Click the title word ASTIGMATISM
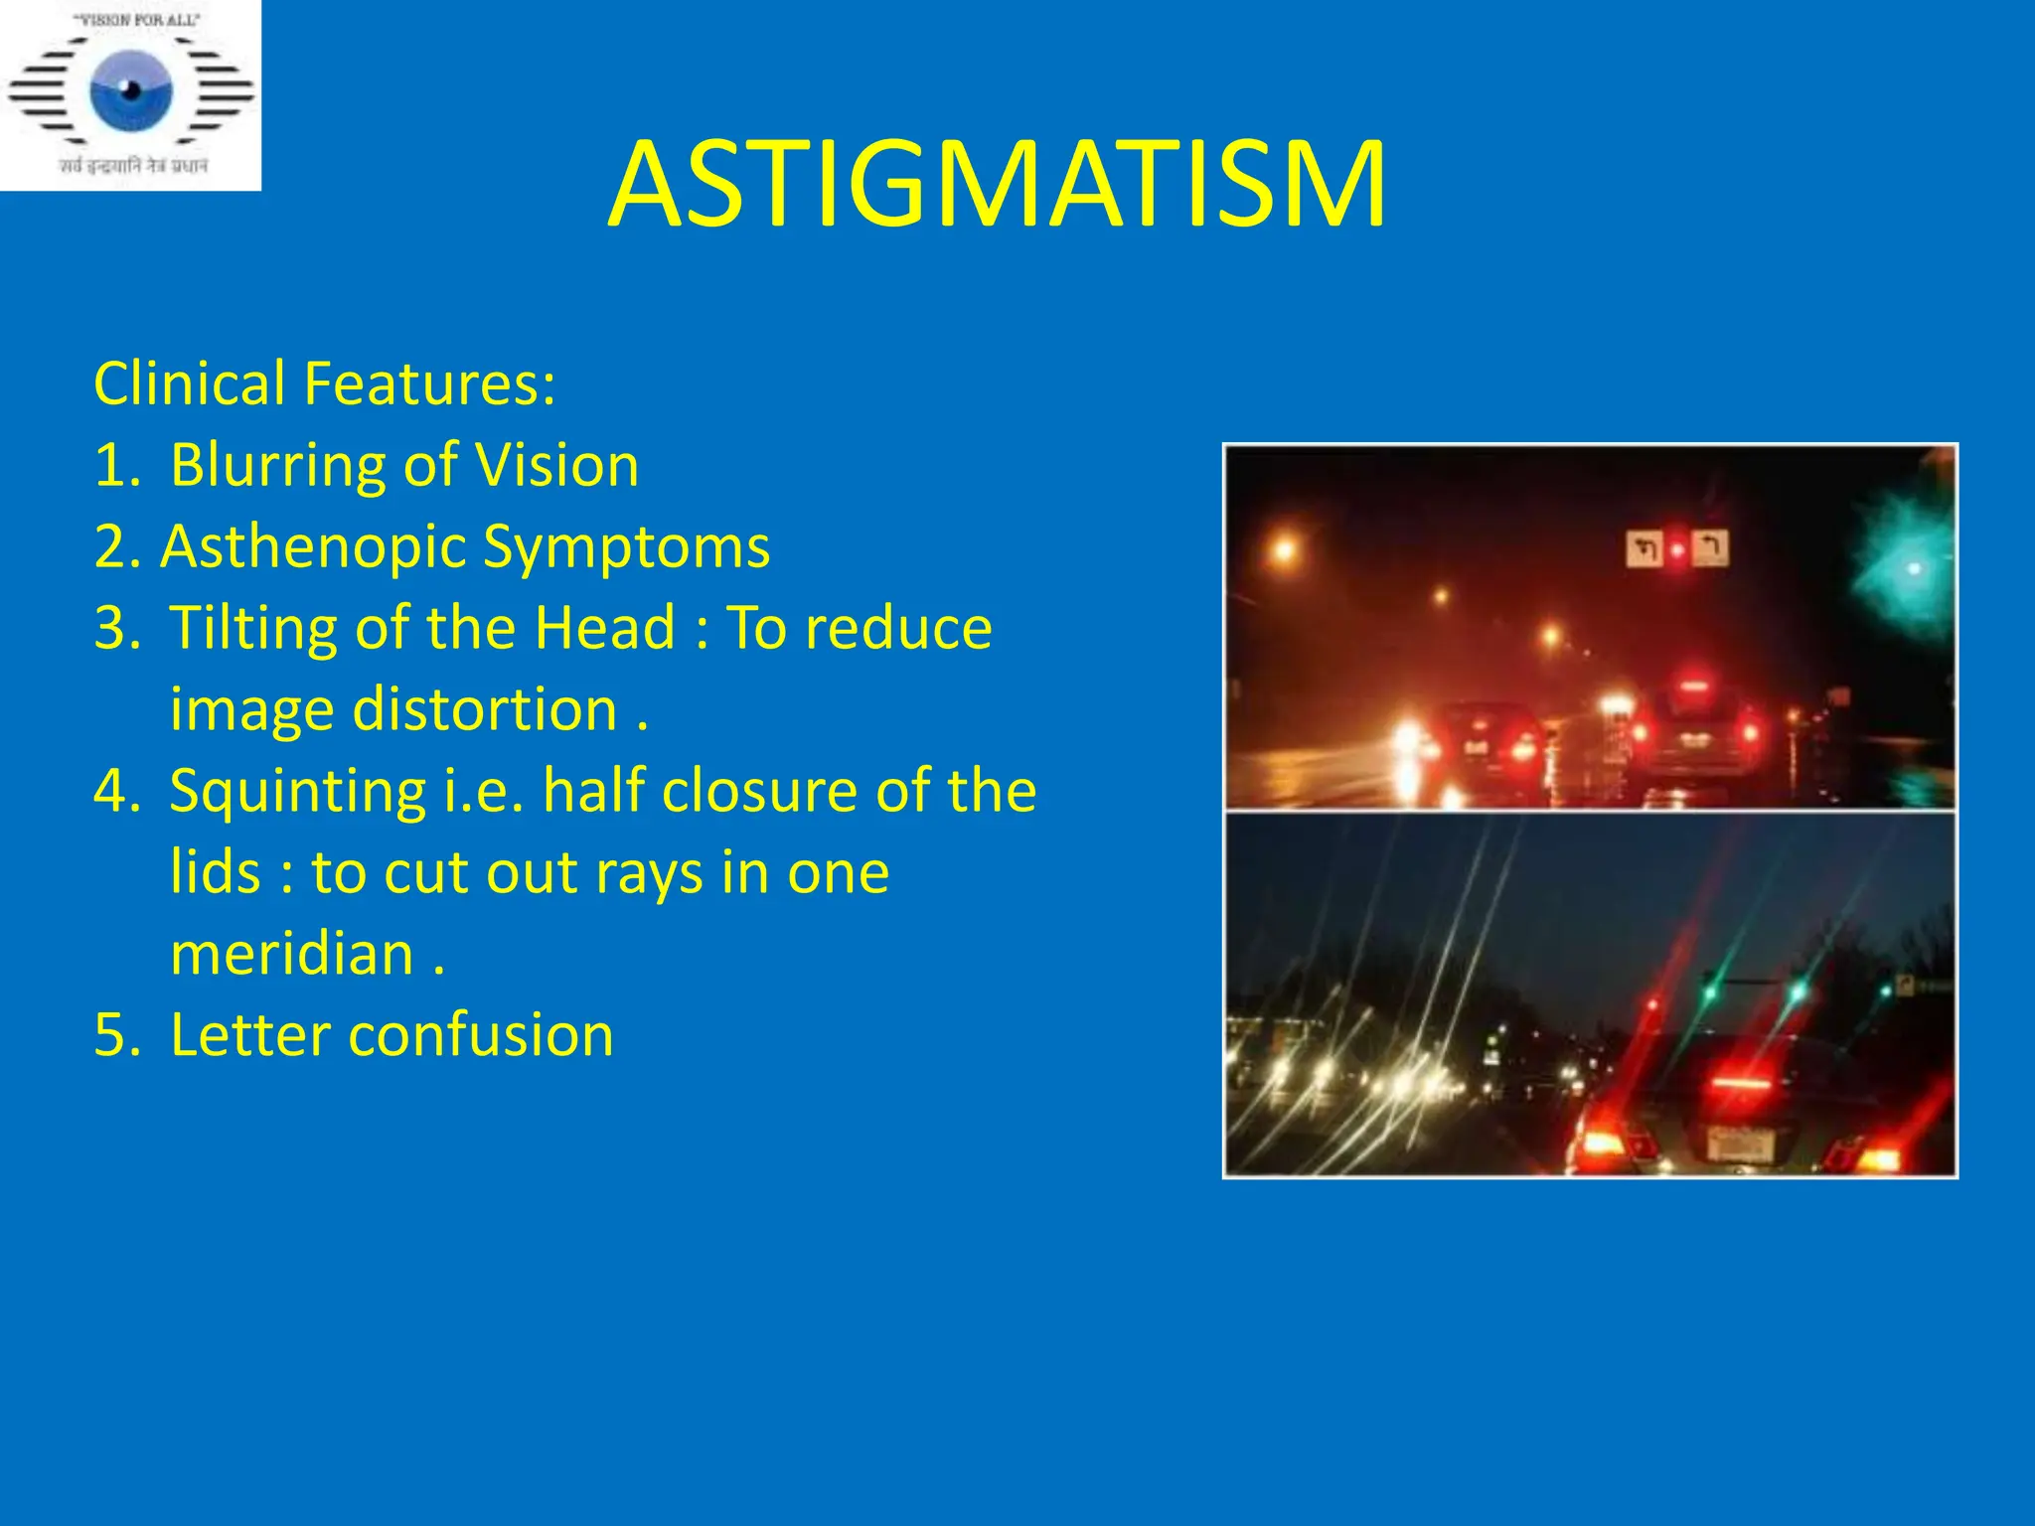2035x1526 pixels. point(997,186)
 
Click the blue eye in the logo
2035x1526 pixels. point(131,91)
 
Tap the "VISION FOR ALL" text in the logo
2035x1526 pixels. point(131,19)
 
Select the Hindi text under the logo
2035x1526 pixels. point(132,166)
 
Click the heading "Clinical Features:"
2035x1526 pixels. point(324,383)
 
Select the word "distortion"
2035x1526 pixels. point(485,709)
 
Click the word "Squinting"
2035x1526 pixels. point(297,791)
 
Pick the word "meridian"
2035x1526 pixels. point(291,954)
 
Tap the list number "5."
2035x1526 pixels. point(116,1035)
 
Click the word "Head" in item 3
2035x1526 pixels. point(604,628)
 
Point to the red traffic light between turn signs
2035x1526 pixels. point(1677,549)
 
